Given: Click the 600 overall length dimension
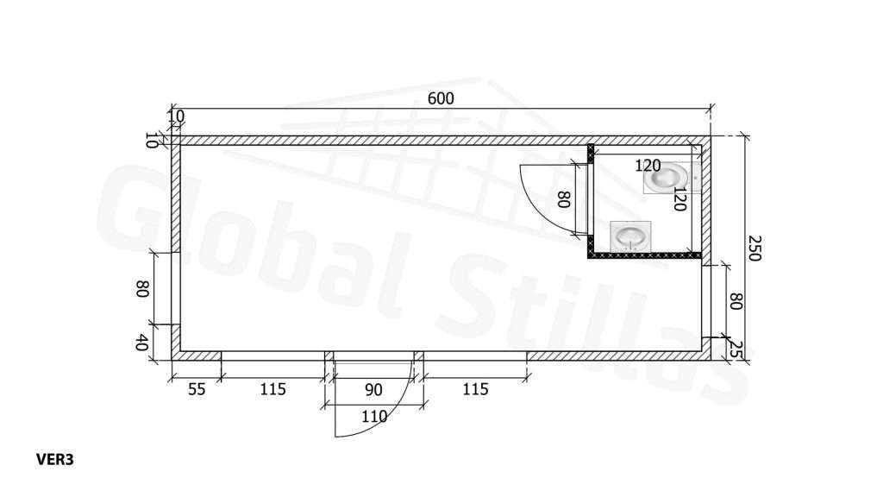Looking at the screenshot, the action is (x=441, y=98).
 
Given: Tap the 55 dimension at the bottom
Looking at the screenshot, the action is (x=196, y=389).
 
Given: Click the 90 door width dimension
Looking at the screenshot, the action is (x=373, y=390).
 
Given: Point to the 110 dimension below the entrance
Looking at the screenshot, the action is (x=374, y=417).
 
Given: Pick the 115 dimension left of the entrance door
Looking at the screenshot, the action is (x=272, y=389).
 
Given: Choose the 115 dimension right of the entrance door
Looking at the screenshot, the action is (x=475, y=389).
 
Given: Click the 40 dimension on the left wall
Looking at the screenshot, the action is (x=141, y=342).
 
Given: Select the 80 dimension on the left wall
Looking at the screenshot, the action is (x=141, y=289).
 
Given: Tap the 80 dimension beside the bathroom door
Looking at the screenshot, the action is (x=564, y=199).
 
